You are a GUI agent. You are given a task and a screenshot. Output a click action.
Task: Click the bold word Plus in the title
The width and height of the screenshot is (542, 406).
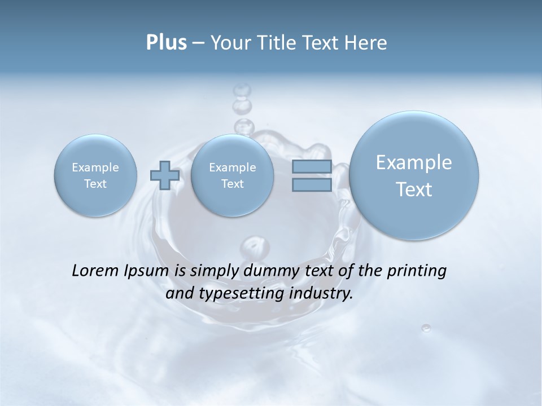pos(166,43)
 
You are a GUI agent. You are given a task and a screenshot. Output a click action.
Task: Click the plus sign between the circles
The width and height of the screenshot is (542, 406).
pos(165,175)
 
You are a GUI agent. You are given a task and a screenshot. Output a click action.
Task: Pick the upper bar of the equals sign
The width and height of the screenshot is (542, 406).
pos(312,167)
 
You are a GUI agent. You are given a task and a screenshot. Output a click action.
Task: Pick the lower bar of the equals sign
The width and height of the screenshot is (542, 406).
pos(312,185)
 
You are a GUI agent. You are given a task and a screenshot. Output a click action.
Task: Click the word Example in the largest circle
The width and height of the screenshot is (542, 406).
pos(414,162)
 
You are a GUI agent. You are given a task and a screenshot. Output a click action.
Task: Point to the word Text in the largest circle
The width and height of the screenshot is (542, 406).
pos(414,189)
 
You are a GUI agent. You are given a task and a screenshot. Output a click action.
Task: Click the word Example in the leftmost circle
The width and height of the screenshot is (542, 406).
pos(95,167)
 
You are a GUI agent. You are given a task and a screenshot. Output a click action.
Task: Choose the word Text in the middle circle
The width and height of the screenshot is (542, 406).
pos(232,184)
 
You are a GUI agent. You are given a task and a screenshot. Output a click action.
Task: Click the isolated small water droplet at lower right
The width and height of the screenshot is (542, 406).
pos(426,328)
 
